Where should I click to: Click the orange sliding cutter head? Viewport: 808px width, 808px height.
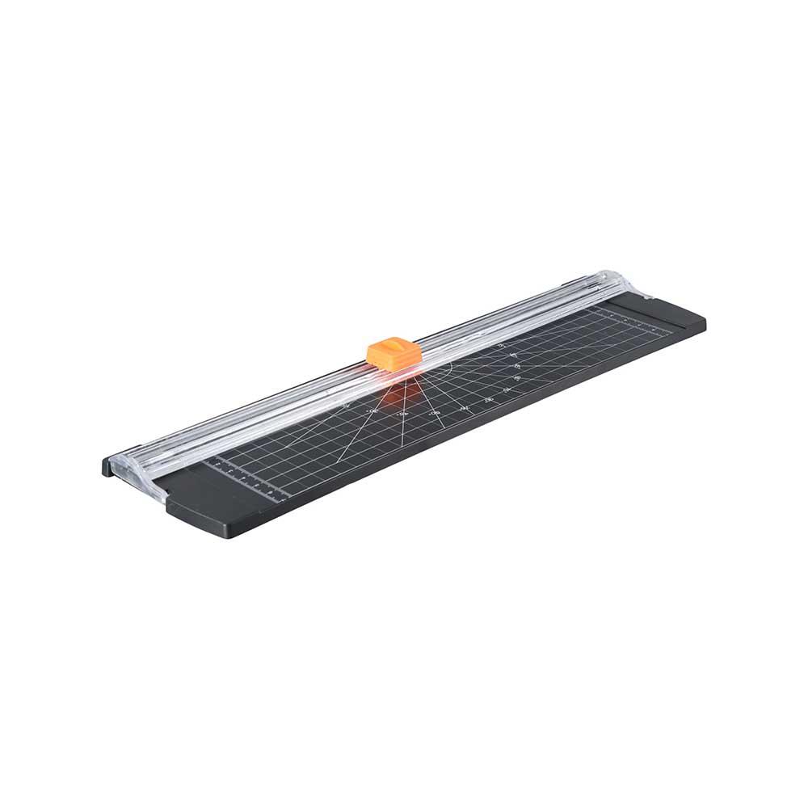pos(392,355)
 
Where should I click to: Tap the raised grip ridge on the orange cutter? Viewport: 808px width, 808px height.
pos(389,348)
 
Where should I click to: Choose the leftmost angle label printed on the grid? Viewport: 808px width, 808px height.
pos(346,406)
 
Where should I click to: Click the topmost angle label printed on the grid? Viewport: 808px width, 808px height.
pos(501,345)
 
